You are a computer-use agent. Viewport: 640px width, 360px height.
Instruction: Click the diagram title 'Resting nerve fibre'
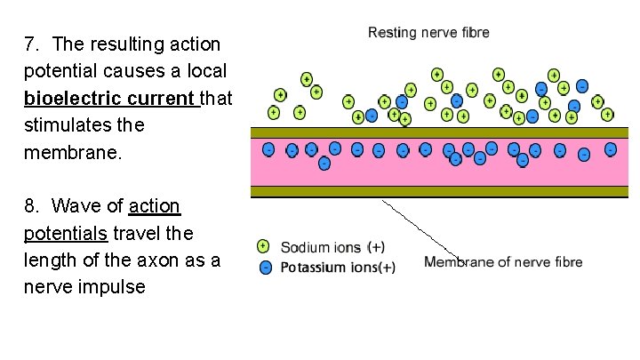click(428, 33)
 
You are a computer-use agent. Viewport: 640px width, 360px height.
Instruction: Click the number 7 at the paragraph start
click(30, 44)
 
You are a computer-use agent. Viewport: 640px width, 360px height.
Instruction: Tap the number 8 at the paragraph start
click(30, 207)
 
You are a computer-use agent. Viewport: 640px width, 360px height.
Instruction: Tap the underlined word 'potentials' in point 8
click(66, 234)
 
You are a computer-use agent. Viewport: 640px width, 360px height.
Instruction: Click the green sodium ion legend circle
click(264, 246)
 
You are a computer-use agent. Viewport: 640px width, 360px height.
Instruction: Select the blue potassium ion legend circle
click(264, 266)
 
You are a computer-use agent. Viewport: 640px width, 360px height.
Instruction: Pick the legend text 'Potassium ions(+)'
click(338, 267)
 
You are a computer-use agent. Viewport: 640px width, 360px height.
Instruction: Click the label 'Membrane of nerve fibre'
click(503, 261)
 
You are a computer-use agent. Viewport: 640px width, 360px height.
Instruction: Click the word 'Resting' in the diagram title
click(393, 33)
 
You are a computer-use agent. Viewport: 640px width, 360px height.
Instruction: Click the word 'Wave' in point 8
click(73, 207)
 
